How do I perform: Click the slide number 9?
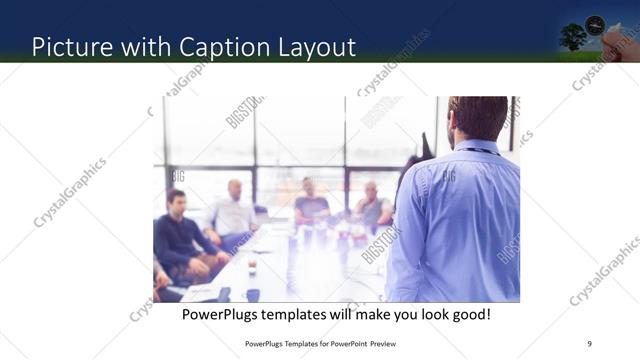click(589, 344)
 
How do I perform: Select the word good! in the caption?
click(468, 314)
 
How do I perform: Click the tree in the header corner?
click(574, 37)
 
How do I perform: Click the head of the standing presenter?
click(478, 118)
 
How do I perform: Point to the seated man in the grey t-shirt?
click(310, 204)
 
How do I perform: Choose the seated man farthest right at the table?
click(372, 207)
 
